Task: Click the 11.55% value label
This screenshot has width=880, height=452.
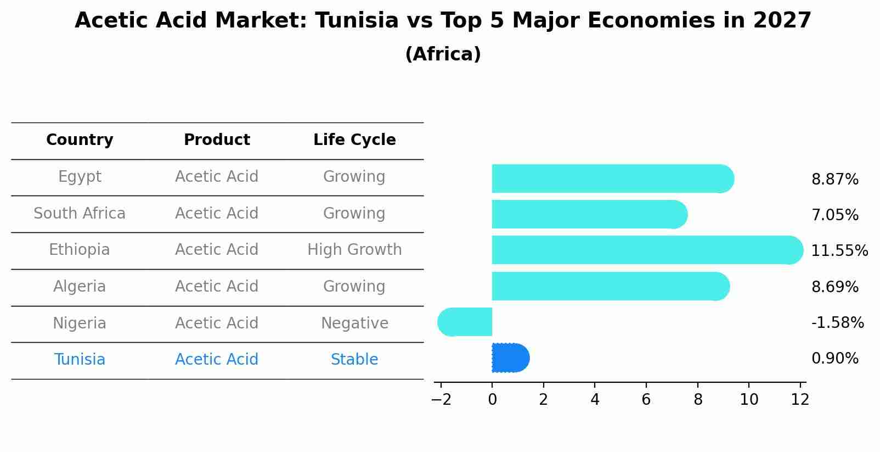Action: (x=839, y=251)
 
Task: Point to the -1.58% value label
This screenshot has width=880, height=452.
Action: (x=837, y=323)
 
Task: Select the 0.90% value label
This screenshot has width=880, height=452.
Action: (x=834, y=359)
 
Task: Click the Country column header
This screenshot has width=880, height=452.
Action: (x=80, y=140)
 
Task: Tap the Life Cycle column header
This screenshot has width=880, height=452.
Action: (x=354, y=140)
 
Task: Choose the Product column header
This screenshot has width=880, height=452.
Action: (x=217, y=140)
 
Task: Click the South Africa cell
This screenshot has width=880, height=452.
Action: (x=80, y=214)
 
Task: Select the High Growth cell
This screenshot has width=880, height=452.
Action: (x=354, y=250)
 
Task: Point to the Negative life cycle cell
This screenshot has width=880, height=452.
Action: (x=354, y=323)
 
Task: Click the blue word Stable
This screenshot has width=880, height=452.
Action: (x=354, y=360)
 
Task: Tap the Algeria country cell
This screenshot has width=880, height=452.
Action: (x=80, y=287)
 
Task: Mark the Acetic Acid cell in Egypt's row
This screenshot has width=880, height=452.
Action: (x=217, y=177)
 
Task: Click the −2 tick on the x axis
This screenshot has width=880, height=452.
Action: (x=441, y=399)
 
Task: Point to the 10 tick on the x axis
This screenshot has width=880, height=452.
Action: (x=749, y=399)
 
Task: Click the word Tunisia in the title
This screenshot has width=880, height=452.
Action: (x=357, y=21)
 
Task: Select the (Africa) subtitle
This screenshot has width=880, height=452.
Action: (x=443, y=54)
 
